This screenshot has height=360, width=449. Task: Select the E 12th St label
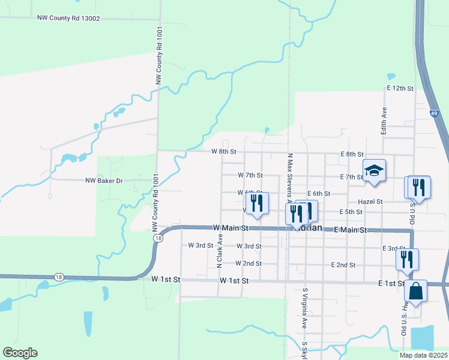[400, 88]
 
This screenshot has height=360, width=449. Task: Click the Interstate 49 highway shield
[433, 112]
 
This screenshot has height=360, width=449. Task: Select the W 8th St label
[224, 152]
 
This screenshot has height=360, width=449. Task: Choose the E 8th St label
[352, 154]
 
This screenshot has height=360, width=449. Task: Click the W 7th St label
[250, 175]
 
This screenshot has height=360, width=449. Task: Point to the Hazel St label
[370, 202]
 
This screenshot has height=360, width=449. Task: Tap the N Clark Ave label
[220, 251]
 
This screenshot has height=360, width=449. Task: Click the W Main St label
[231, 229]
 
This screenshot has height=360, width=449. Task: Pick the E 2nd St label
[343, 265]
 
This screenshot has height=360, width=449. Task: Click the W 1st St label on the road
[235, 281]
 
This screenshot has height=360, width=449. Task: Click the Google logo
[20, 353]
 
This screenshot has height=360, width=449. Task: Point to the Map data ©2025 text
[423, 355]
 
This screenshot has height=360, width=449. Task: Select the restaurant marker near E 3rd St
[407, 259]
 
